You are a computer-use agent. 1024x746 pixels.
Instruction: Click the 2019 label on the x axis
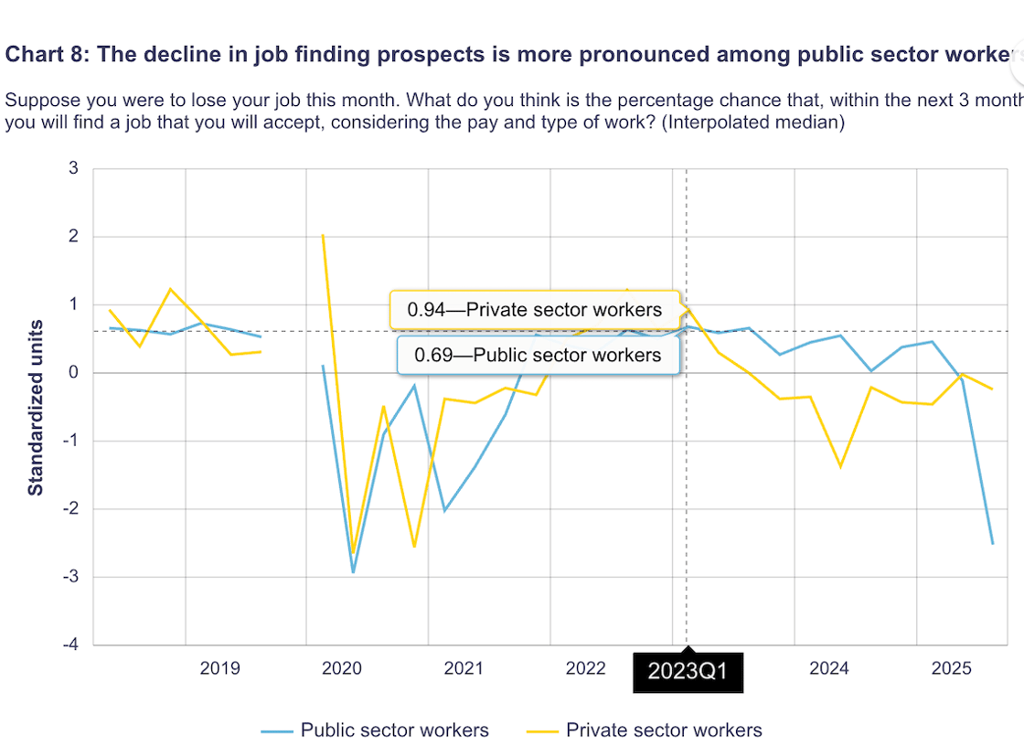point(219,668)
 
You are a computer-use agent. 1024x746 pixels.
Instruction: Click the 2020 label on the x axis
point(341,668)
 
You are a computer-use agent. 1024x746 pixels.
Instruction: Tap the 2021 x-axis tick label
point(464,668)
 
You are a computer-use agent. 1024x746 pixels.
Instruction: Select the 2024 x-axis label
point(828,668)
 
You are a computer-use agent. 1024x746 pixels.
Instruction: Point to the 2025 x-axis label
point(951,668)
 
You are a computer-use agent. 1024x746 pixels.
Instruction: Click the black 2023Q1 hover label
point(687,672)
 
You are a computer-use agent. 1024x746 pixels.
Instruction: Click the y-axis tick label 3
point(73,168)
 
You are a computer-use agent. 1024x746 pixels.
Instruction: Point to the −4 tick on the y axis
point(69,645)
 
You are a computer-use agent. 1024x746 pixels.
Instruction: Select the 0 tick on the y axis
point(73,373)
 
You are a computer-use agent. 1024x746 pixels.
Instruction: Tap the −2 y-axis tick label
point(69,509)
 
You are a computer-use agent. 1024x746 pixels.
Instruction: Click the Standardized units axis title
point(36,407)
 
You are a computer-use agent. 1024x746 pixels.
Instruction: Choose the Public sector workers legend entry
point(375,730)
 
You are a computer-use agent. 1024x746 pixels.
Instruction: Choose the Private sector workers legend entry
point(645,730)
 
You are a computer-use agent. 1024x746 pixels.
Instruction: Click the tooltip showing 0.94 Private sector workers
point(535,310)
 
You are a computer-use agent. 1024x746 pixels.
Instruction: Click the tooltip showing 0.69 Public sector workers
point(538,355)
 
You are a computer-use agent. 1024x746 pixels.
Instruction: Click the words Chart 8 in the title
point(45,54)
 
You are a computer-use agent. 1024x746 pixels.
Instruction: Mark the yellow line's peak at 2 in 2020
point(323,236)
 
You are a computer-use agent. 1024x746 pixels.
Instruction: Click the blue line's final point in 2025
point(992,544)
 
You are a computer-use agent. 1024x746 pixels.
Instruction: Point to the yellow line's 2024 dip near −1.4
point(840,467)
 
